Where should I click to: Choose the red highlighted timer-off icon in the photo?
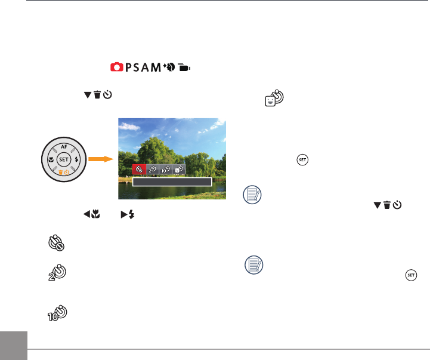[x=139, y=170]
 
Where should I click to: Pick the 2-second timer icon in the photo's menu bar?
[x=152, y=170]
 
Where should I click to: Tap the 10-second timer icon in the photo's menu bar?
[x=165, y=170]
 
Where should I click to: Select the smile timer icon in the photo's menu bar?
[x=178, y=170]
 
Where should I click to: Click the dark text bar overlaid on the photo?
[x=172, y=182]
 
